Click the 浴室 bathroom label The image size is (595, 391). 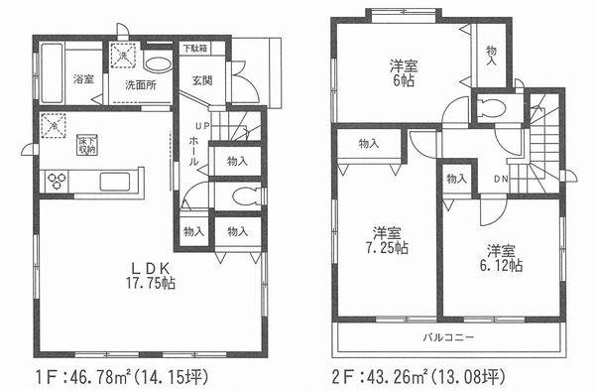tap(83, 79)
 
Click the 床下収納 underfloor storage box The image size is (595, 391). tap(88, 145)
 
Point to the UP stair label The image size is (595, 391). tap(200, 126)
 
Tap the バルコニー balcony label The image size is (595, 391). tap(452, 337)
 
